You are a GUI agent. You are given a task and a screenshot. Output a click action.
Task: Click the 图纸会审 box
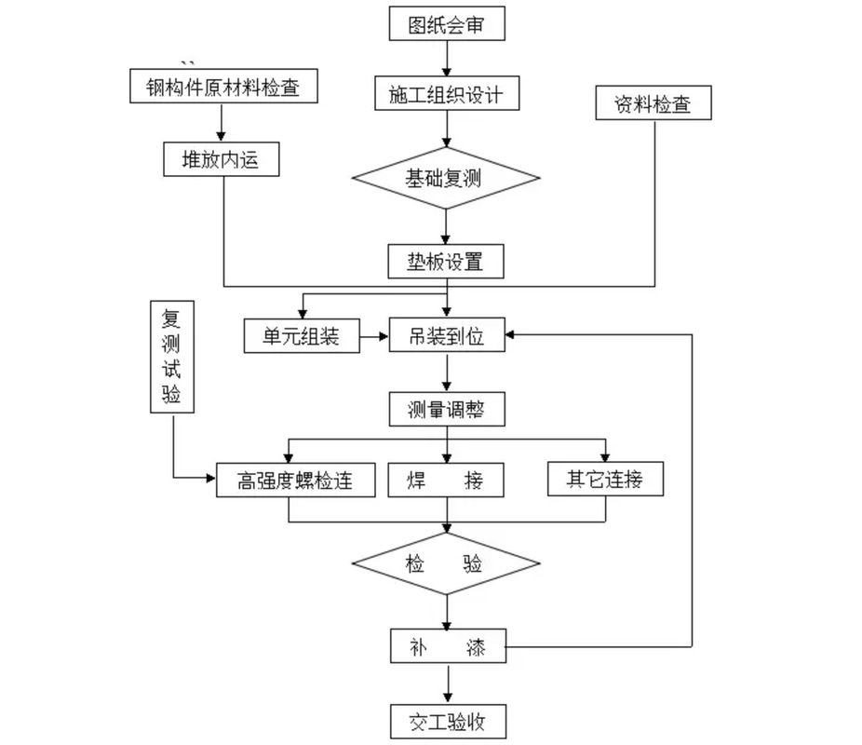[447, 24]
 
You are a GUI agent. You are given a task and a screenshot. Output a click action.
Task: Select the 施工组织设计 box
[447, 93]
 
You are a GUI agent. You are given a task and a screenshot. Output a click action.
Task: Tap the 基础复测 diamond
[446, 179]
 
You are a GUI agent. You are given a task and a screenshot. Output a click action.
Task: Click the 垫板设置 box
[447, 261]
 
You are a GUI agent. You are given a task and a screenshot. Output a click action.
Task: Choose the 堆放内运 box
[221, 159]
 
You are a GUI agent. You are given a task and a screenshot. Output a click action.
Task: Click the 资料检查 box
[653, 103]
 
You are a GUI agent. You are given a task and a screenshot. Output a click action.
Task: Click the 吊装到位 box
[447, 336]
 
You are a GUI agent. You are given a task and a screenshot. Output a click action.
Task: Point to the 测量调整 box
[447, 409]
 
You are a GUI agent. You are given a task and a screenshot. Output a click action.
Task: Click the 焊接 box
[447, 481]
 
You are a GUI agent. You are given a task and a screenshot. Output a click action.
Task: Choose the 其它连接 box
[605, 480]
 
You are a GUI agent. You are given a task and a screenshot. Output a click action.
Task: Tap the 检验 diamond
[446, 563]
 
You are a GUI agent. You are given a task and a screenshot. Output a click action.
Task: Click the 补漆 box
[447, 645]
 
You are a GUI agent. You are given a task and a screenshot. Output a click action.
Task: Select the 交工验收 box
[447, 721]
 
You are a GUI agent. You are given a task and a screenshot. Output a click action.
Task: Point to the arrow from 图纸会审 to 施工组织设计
[448, 59]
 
